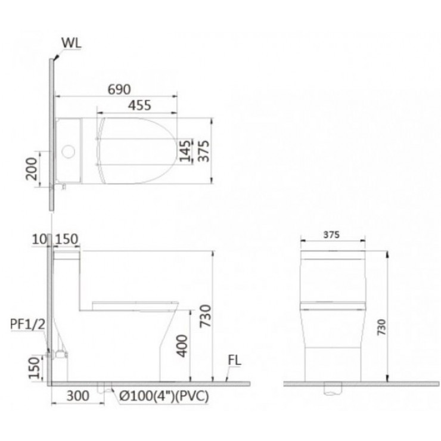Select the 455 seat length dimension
coord(138,105)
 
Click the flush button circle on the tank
coord(69,151)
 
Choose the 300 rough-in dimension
coord(77,395)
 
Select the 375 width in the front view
coord(332,235)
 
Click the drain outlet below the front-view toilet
coord(332,389)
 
